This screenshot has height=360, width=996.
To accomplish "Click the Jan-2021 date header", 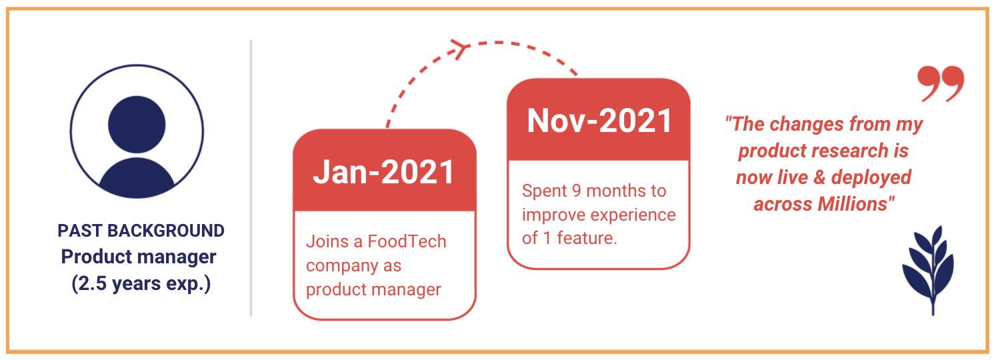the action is click(383, 172).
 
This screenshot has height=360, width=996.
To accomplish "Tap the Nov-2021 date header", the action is click(599, 121).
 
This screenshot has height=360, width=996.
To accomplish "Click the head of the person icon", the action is click(137, 125).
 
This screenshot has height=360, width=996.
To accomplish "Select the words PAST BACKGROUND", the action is click(141, 231).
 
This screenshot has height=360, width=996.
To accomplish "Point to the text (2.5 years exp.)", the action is click(141, 283).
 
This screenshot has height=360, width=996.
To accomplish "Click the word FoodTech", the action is click(407, 241).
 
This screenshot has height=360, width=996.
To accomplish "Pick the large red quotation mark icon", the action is click(941, 84).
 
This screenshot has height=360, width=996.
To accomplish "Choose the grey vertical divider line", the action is click(251, 178).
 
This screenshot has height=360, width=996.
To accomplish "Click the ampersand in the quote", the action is click(819, 177).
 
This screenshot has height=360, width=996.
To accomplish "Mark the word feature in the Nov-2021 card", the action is click(587, 238).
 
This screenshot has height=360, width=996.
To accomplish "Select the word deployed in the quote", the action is click(871, 178).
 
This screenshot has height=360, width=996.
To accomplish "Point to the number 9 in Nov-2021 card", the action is click(577, 191).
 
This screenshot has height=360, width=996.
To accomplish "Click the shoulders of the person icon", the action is click(137, 179).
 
